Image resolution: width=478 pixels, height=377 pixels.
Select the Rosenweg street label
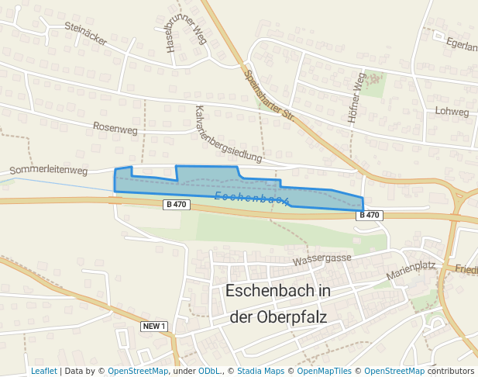[115, 129]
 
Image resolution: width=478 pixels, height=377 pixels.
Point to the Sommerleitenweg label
[48, 170]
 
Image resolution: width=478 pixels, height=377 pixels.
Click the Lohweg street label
[452, 112]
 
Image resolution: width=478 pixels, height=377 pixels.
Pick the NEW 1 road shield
[155, 327]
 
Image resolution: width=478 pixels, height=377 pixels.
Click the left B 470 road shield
[177, 205]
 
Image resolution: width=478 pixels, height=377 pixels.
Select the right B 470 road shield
[370, 215]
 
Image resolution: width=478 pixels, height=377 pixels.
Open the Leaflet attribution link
[43, 372]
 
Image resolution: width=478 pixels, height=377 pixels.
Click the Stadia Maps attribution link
[260, 372]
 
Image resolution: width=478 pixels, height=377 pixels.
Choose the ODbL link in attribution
[209, 372]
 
